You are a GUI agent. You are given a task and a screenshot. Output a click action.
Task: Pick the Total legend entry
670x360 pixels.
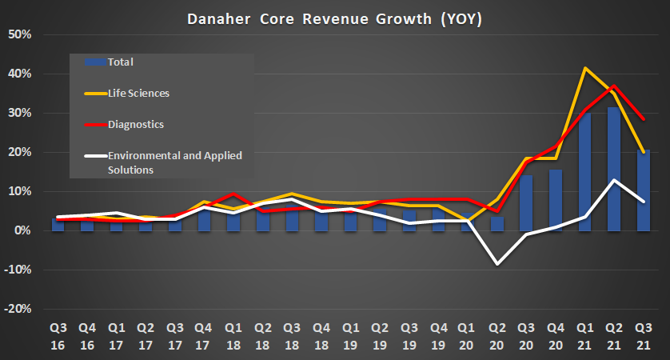pyautogui.click(x=118, y=62)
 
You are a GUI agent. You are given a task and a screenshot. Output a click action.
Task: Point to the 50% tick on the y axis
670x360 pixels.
pyautogui.click(x=19, y=34)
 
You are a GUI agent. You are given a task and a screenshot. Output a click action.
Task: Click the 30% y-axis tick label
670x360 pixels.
pyautogui.click(x=19, y=113)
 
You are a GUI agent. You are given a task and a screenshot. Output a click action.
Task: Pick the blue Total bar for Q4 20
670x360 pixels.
pyautogui.click(x=556, y=200)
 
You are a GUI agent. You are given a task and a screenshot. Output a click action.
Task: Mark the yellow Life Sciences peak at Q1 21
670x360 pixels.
pyautogui.click(x=585, y=68)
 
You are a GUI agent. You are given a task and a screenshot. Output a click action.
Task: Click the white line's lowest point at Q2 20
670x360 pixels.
pyautogui.click(x=497, y=264)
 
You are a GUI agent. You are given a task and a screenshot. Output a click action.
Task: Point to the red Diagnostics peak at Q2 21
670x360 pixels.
pyautogui.click(x=614, y=86)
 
